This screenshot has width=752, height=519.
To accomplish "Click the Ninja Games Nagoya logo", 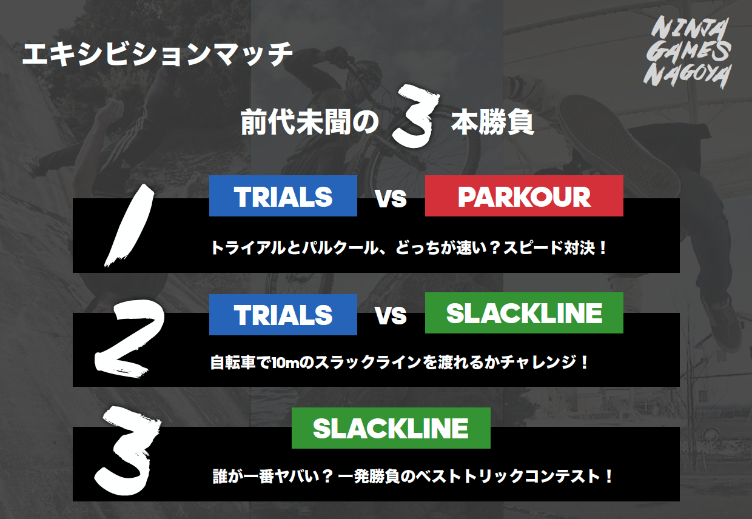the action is tap(688, 52).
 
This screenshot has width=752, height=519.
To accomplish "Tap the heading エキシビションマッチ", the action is tap(158, 54).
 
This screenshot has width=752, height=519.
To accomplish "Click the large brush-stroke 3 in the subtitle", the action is tap(416, 116).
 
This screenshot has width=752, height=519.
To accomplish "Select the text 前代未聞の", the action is tap(309, 121).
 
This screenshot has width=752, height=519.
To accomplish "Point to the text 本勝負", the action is tap(492, 121).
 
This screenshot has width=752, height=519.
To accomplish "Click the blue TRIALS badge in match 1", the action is tap(283, 196).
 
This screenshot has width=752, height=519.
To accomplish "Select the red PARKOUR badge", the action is tap(524, 196).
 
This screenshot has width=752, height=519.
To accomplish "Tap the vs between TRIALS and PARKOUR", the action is tap(391, 198).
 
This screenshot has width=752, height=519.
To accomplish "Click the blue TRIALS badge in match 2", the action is tap(283, 315).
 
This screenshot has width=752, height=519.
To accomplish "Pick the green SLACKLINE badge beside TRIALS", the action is tap(524, 313).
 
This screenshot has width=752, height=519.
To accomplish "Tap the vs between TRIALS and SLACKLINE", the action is tap(391, 316).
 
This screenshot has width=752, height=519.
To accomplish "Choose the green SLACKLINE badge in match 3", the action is tap(391, 428).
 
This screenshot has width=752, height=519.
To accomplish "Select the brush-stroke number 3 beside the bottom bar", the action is tap(127, 450).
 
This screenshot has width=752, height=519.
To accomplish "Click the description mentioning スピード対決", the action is tap(408, 248).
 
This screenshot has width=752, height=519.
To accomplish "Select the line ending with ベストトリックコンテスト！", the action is tap(413, 477).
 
